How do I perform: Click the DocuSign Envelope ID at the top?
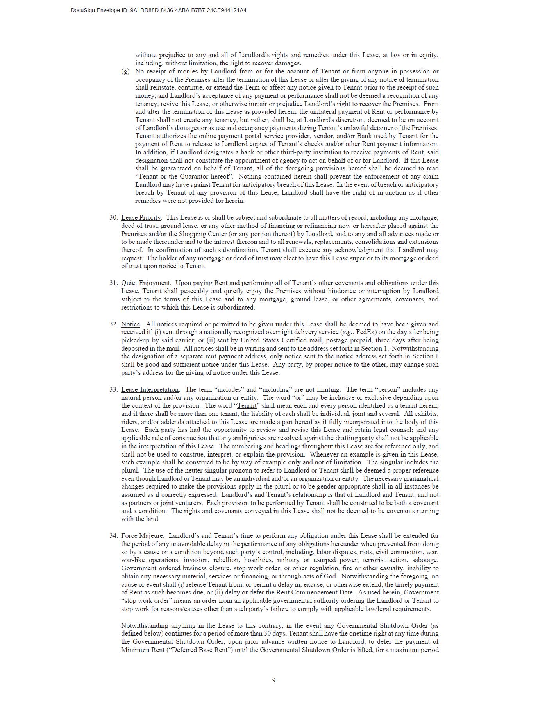point(158,10)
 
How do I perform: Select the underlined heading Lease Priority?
point(141,218)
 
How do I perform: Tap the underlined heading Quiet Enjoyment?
point(145,283)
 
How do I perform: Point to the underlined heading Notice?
point(130,324)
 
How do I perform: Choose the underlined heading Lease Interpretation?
point(150,390)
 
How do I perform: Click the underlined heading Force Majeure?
point(142,536)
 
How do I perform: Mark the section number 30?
point(113,218)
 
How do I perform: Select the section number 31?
point(113,283)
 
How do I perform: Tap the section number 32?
point(113,324)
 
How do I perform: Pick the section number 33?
point(113,390)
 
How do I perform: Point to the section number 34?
point(113,536)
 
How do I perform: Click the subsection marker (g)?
point(125,72)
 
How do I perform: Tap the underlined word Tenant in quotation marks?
point(246,406)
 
